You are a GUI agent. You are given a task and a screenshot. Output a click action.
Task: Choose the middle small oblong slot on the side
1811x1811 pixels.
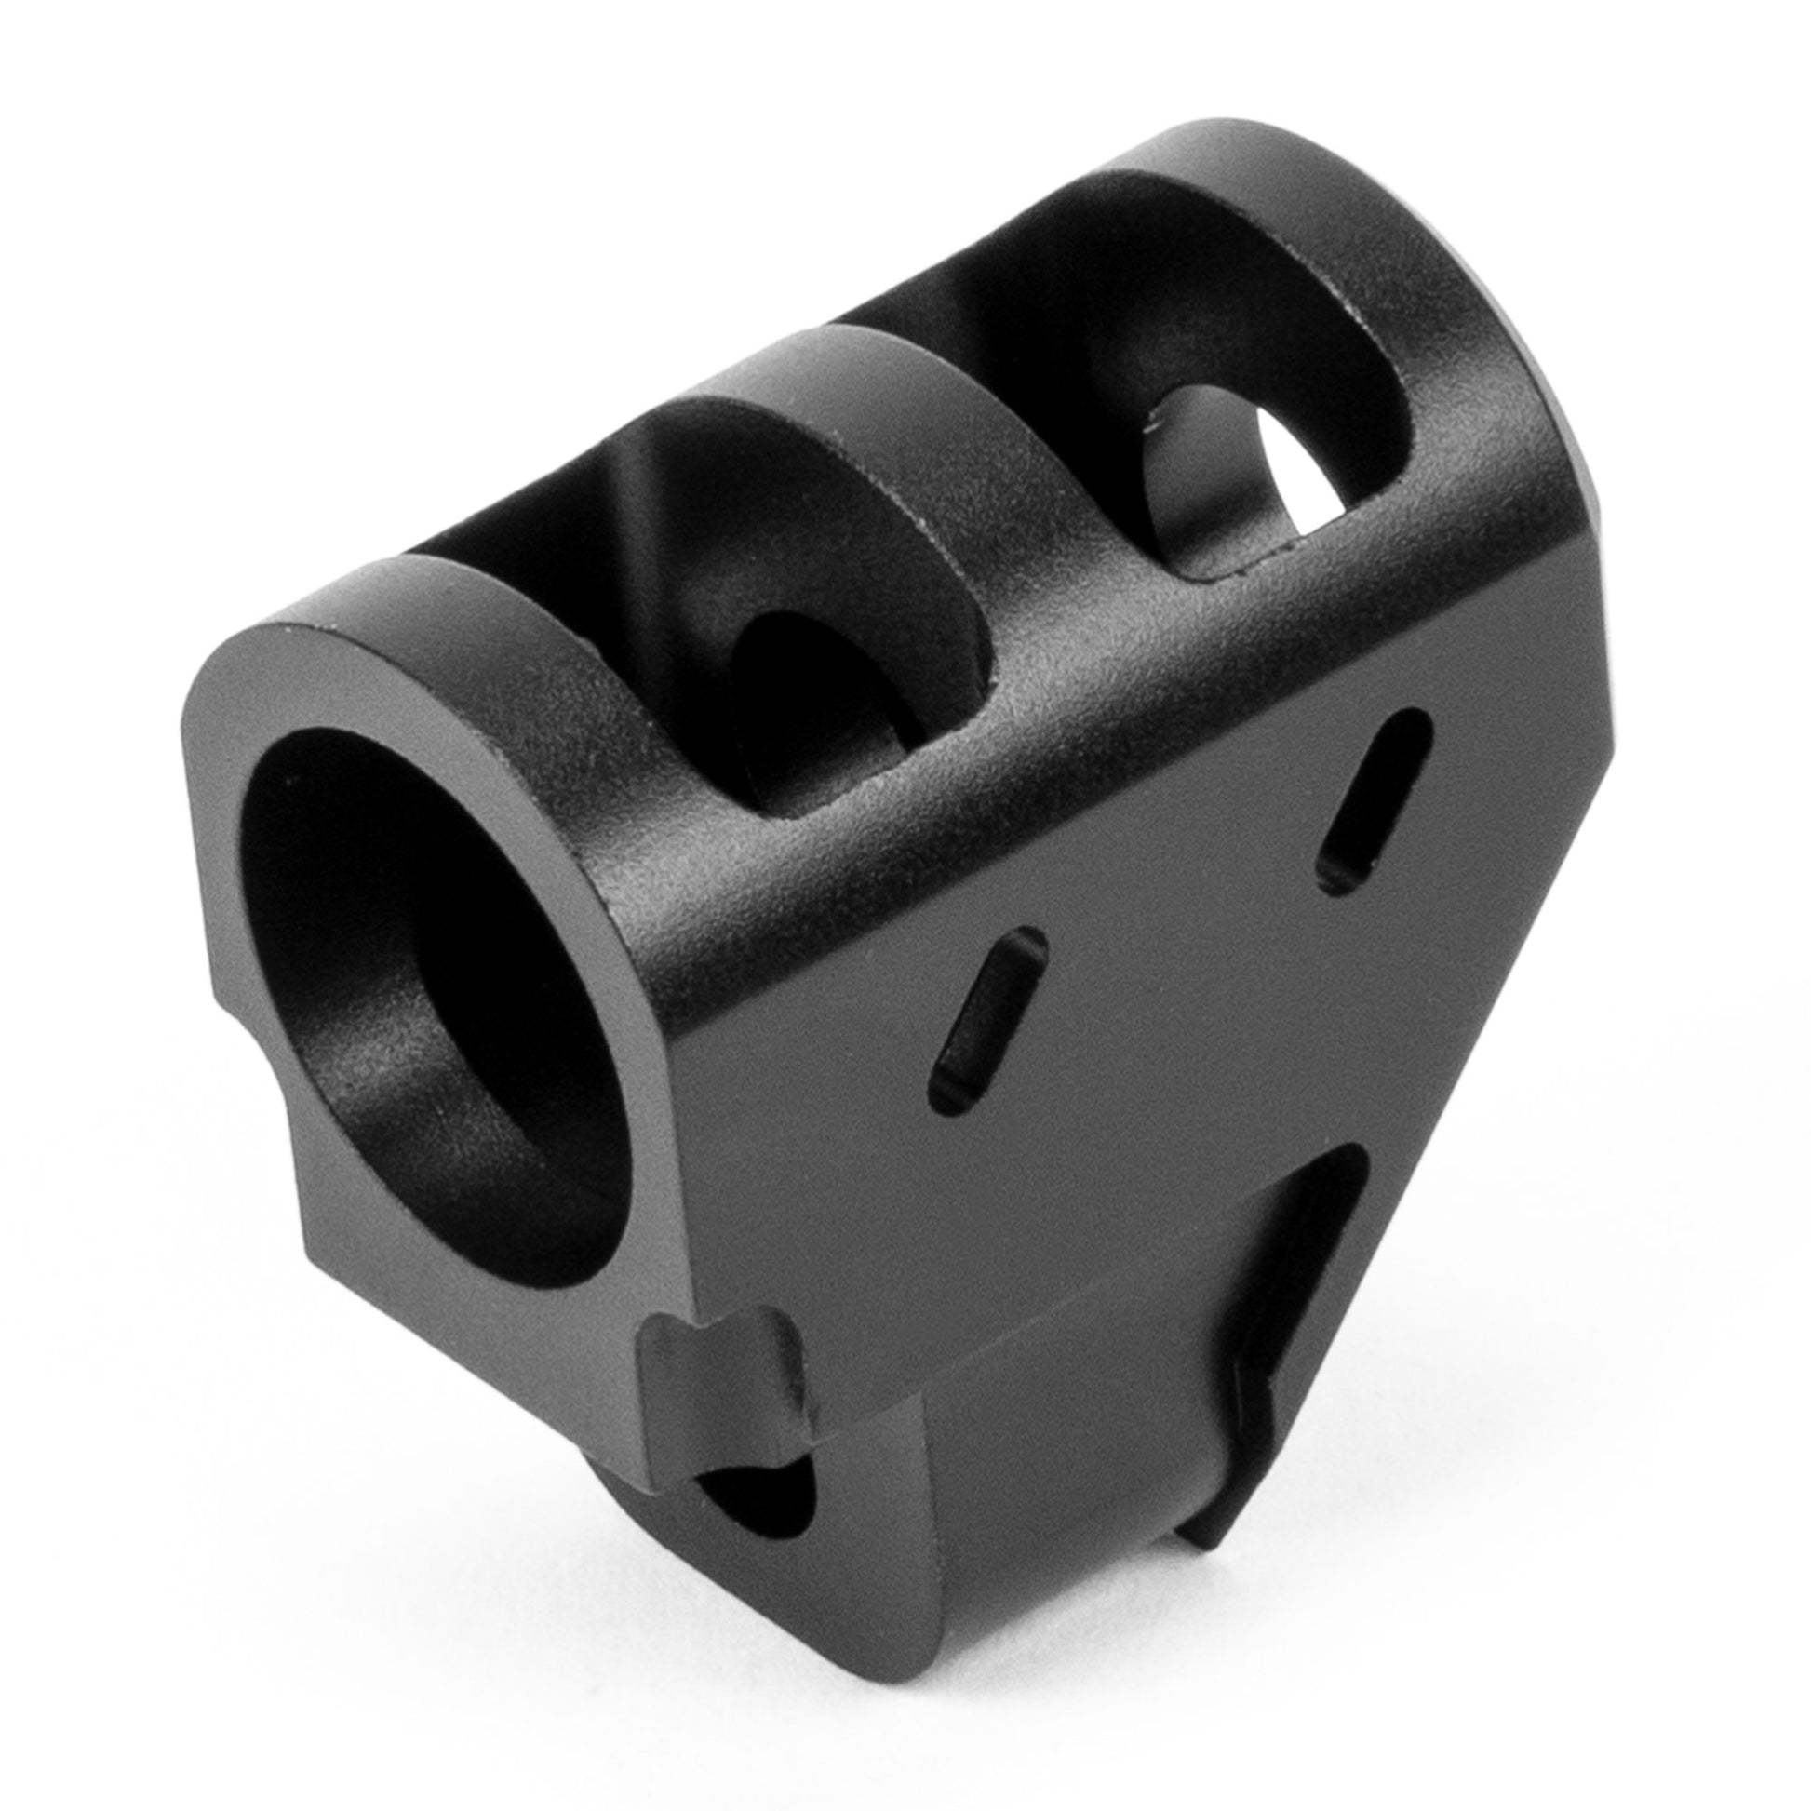(987, 1021)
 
